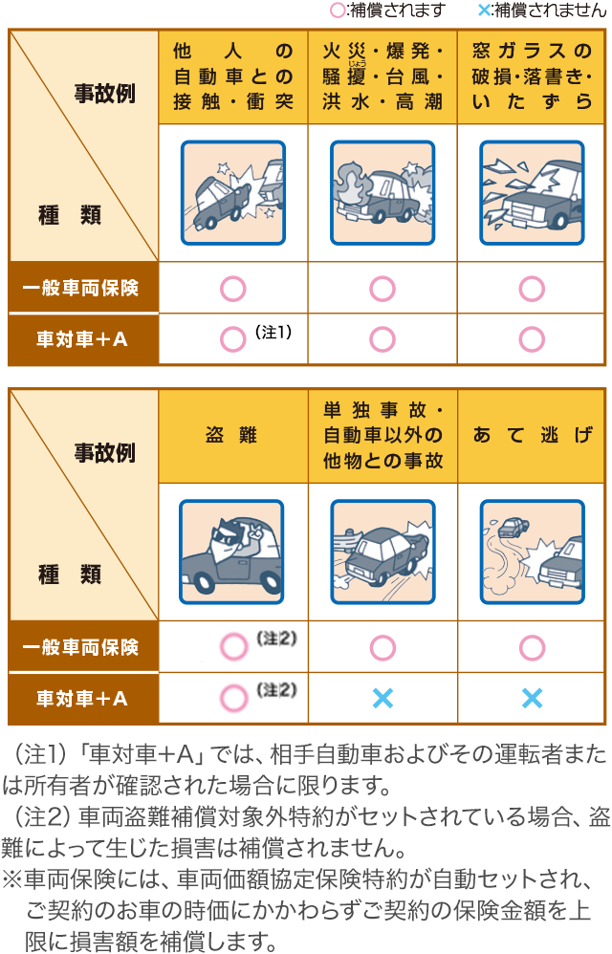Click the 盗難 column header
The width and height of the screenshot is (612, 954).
tap(231, 435)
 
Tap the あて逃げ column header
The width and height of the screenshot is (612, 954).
tap(533, 435)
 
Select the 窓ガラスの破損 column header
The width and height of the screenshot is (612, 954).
tap(533, 76)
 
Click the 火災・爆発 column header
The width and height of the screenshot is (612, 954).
tap(382, 76)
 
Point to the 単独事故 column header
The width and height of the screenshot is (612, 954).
tap(382, 435)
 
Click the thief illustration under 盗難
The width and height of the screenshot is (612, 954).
tap(231, 552)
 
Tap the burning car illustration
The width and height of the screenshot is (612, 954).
tap(382, 193)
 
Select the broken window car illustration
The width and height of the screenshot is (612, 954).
tap(533, 193)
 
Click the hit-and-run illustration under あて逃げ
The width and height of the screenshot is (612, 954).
tap(533, 552)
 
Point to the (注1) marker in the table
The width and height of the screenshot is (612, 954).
tap(273, 332)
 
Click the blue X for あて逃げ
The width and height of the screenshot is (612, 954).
tap(533, 699)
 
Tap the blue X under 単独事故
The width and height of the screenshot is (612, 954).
tap(382, 699)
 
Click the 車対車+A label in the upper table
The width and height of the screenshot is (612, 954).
tap(82, 339)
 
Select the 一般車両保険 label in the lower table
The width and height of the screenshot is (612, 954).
tap(81, 647)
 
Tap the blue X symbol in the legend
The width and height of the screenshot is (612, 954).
tap(484, 10)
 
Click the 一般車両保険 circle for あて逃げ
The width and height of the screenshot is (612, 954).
tap(533, 648)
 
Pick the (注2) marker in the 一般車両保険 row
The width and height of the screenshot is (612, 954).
tap(276, 639)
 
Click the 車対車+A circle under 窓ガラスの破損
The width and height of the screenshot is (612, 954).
tap(533, 339)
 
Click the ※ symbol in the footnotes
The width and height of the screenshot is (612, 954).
tap(12, 879)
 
